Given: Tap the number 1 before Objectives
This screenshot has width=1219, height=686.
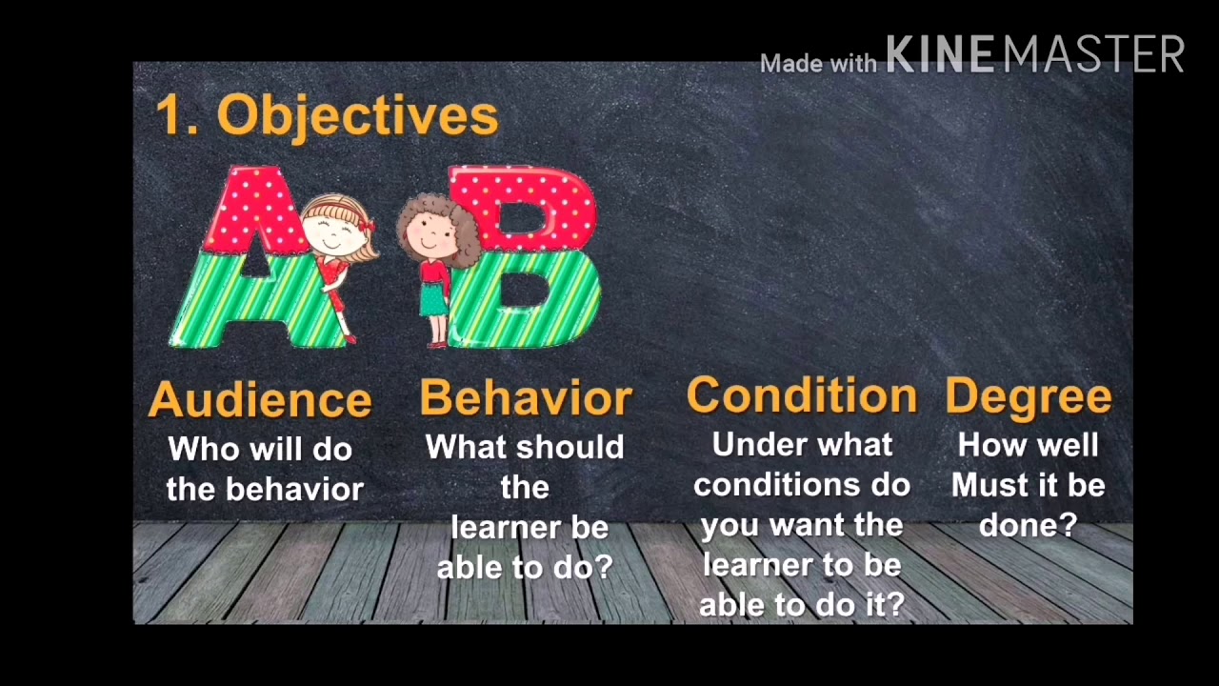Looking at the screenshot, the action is click(x=170, y=114).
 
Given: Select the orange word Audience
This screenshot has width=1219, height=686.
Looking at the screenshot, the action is click(x=260, y=399).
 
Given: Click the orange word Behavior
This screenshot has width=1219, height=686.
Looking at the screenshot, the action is click(x=526, y=397).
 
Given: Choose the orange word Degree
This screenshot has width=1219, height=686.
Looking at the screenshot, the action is click(x=1029, y=397).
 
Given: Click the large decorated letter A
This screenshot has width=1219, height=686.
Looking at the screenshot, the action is click(x=256, y=257).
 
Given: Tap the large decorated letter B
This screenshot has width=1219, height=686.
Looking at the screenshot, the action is click(x=524, y=257).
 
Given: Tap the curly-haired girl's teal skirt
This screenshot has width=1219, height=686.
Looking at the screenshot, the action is click(x=434, y=298).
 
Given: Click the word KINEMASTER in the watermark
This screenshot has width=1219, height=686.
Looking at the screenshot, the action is click(x=1035, y=54).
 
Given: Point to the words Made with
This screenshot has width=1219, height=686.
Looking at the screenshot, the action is click(x=818, y=64).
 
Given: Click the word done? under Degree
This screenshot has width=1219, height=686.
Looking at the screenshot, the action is click(x=1028, y=525).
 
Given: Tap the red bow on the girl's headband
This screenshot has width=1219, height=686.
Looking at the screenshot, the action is click(x=368, y=224).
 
